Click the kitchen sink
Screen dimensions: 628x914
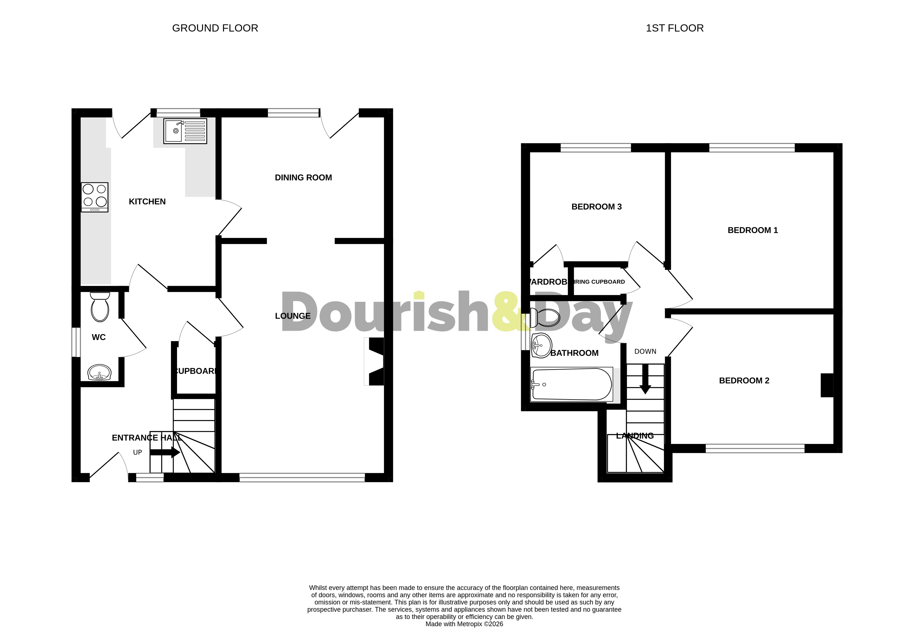pyautogui.click(x=185, y=131)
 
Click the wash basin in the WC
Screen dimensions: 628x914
pyautogui.click(x=99, y=372)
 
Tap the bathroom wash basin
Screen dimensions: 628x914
pyautogui.click(x=541, y=345)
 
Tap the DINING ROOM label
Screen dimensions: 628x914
pyautogui.click(x=303, y=177)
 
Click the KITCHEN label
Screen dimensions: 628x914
pyautogui.click(x=147, y=202)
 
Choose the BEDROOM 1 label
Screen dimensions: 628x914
pyautogui.click(x=753, y=230)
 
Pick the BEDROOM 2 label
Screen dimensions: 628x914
pyautogui.click(x=744, y=381)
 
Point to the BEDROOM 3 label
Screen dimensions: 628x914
pyautogui.click(x=596, y=207)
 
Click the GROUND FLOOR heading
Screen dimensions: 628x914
pyautogui.click(x=215, y=28)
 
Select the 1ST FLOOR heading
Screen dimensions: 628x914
pyautogui.click(x=675, y=28)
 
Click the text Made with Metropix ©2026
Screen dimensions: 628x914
pyautogui.click(x=464, y=624)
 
